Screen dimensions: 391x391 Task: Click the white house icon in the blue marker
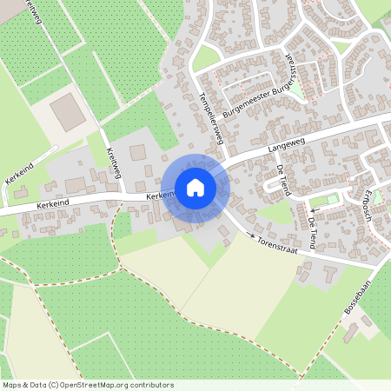(195, 188)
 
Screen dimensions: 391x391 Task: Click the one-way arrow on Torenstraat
(252, 235)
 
